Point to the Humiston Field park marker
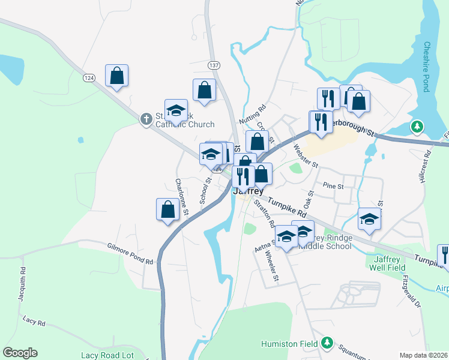327,343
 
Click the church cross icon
146,119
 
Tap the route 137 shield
213,64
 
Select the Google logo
20,353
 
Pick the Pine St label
333,186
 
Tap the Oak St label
310,199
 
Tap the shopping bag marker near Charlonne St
167,210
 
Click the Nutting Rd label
252,115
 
